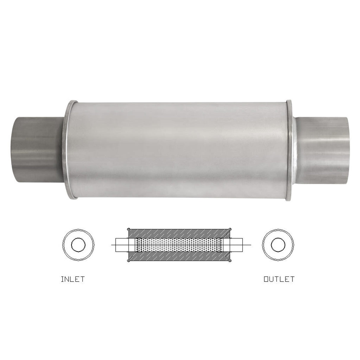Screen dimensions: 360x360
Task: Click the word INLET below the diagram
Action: point(73,279)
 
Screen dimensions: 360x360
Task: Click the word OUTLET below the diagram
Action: point(279,279)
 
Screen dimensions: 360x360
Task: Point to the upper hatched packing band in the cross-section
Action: point(179,233)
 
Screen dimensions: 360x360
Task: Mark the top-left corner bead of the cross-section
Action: point(128,229)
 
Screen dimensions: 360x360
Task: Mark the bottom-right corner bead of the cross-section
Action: point(230,261)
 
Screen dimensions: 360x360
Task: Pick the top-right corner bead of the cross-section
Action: point(230,229)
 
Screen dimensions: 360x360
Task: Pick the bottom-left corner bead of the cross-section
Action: point(128,261)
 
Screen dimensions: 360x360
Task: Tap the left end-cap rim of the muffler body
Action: point(69,151)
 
